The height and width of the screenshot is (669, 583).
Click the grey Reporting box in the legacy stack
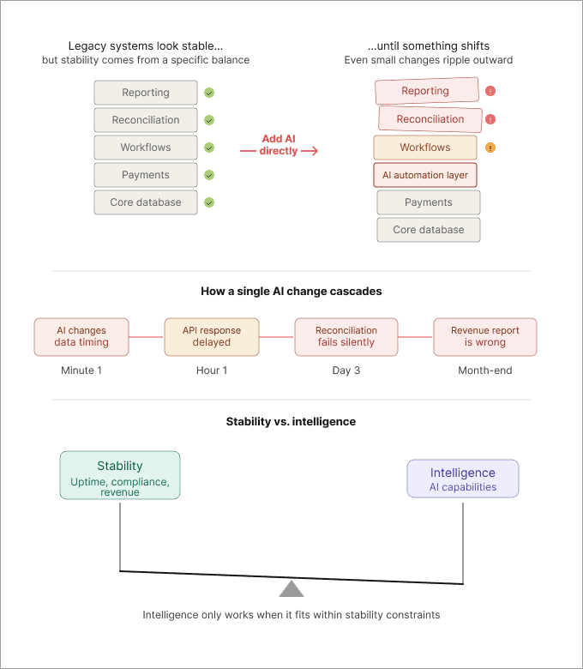(x=146, y=93)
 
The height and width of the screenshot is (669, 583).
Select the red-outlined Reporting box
(x=426, y=91)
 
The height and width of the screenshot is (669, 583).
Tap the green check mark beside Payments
(x=209, y=175)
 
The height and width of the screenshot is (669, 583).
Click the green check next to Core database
(x=209, y=202)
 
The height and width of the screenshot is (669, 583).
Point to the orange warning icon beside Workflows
(x=490, y=148)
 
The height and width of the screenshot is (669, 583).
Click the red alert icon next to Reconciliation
(x=490, y=119)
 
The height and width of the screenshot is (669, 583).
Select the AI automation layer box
(x=425, y=175)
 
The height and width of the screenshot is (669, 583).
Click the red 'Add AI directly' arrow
(x=279, y=152)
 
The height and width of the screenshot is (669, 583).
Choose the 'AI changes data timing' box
(x=81, y=336)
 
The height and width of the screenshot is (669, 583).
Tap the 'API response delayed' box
(x=212, y=336)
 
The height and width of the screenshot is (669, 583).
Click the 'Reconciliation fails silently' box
(x=346, y=336)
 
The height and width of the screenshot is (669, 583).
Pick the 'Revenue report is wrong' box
(x=486, y=336)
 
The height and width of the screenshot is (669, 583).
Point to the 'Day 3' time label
(x=346, y=371)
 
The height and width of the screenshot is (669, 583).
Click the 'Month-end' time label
(x=486, y=371)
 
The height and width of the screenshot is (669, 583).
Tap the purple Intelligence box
(x=463, y=479)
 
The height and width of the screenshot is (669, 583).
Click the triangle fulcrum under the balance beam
(x=291, y=589)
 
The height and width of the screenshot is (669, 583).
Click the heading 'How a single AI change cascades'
(x=291, y=292)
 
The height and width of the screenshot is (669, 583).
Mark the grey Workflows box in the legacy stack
(x=146, y=148)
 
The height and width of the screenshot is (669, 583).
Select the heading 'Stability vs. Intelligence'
(x=291, y=422)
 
